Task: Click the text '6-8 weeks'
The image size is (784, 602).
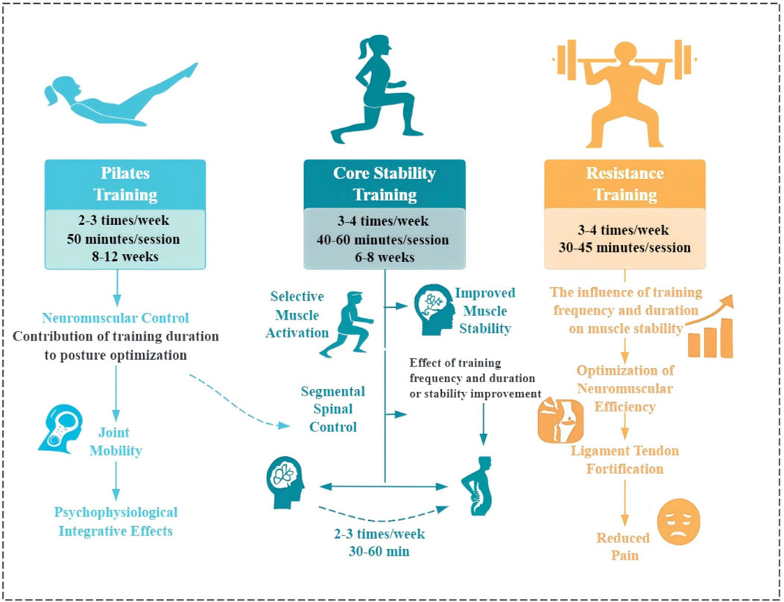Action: (385, 257)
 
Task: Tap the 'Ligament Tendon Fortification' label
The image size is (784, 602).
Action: (625, 460)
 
